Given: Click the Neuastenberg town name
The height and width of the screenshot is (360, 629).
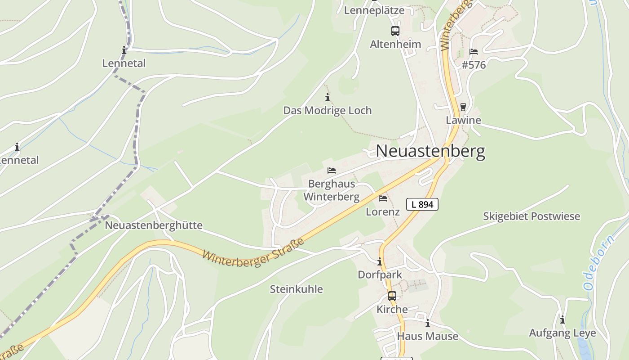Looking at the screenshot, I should coord(430,151).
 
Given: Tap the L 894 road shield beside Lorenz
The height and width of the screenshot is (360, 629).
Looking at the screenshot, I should coord(422,204).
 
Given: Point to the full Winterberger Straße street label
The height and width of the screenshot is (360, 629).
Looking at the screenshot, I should coord(253,252).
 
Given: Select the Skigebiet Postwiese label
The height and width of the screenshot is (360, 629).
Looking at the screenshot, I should coord(532,216).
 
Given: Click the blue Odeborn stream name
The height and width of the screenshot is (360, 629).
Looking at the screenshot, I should coord(598,262).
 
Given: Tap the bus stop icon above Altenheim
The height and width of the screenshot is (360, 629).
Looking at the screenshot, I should coord(395,31).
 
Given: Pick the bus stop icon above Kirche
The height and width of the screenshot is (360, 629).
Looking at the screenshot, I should coord(392,296).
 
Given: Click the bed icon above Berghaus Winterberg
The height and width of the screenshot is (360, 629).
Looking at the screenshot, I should coord(332,171).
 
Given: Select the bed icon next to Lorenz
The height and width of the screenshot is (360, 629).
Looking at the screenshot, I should coord(383,198).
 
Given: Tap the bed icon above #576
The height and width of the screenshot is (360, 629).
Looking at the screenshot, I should coord(473,52).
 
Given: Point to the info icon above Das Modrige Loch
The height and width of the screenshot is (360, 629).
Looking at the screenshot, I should coord(328,97).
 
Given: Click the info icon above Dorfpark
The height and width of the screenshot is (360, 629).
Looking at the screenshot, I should coord(380,261).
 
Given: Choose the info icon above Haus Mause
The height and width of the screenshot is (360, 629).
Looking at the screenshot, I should coord(428,323).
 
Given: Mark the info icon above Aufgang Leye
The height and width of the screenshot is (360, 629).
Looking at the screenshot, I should coord(562,320).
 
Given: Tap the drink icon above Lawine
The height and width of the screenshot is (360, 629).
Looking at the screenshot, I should coord(463,107).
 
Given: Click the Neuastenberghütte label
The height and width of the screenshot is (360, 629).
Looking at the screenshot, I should coord(154,225).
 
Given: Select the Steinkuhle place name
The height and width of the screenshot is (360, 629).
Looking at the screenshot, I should coord(296,289).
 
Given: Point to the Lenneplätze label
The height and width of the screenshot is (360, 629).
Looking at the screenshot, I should coord(374,10).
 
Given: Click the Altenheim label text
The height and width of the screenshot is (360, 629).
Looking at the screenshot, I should coord(395,45).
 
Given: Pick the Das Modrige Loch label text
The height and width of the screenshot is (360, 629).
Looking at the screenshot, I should coord(328,111).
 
